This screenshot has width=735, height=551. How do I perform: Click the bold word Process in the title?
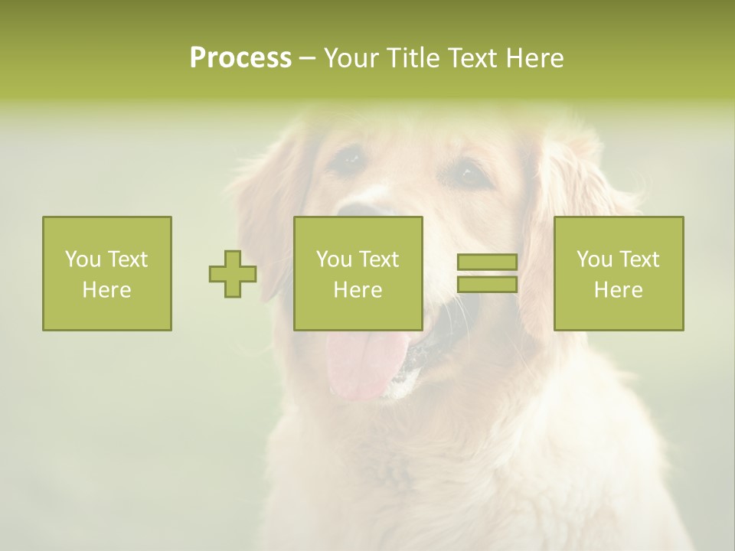coord(240,58)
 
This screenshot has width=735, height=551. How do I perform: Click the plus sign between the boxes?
coord(233,274)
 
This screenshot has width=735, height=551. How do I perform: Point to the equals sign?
coord(487,273)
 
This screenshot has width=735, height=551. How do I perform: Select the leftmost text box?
coord(107,273)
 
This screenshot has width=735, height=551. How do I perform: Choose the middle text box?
coord(358,273)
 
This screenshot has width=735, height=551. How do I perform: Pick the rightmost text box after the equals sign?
coord(619,273)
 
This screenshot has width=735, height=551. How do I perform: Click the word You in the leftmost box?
coord(83,259)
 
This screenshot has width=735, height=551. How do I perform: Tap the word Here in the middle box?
coord(358,290)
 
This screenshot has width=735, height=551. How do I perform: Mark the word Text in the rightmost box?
coord(639,259)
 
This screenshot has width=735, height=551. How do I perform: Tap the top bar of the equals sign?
coord(487,262)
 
